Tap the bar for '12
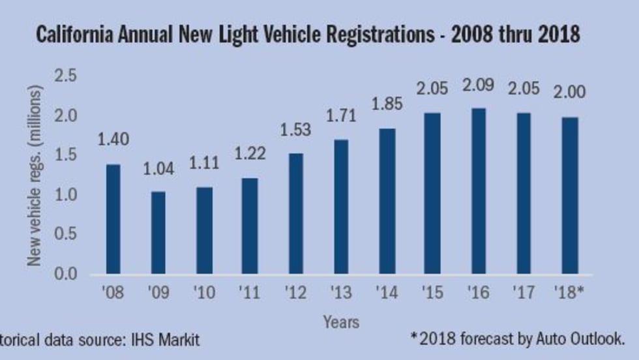pyautogui.click(x=295, y=213)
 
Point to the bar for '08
pyautogui.click(x=113, y=218)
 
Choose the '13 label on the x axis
pyautogui.click(x=341, y=292)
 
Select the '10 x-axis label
pyautogui.click(x=204, y=292)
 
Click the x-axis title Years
pyautogui.click(x=341, y=322)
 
